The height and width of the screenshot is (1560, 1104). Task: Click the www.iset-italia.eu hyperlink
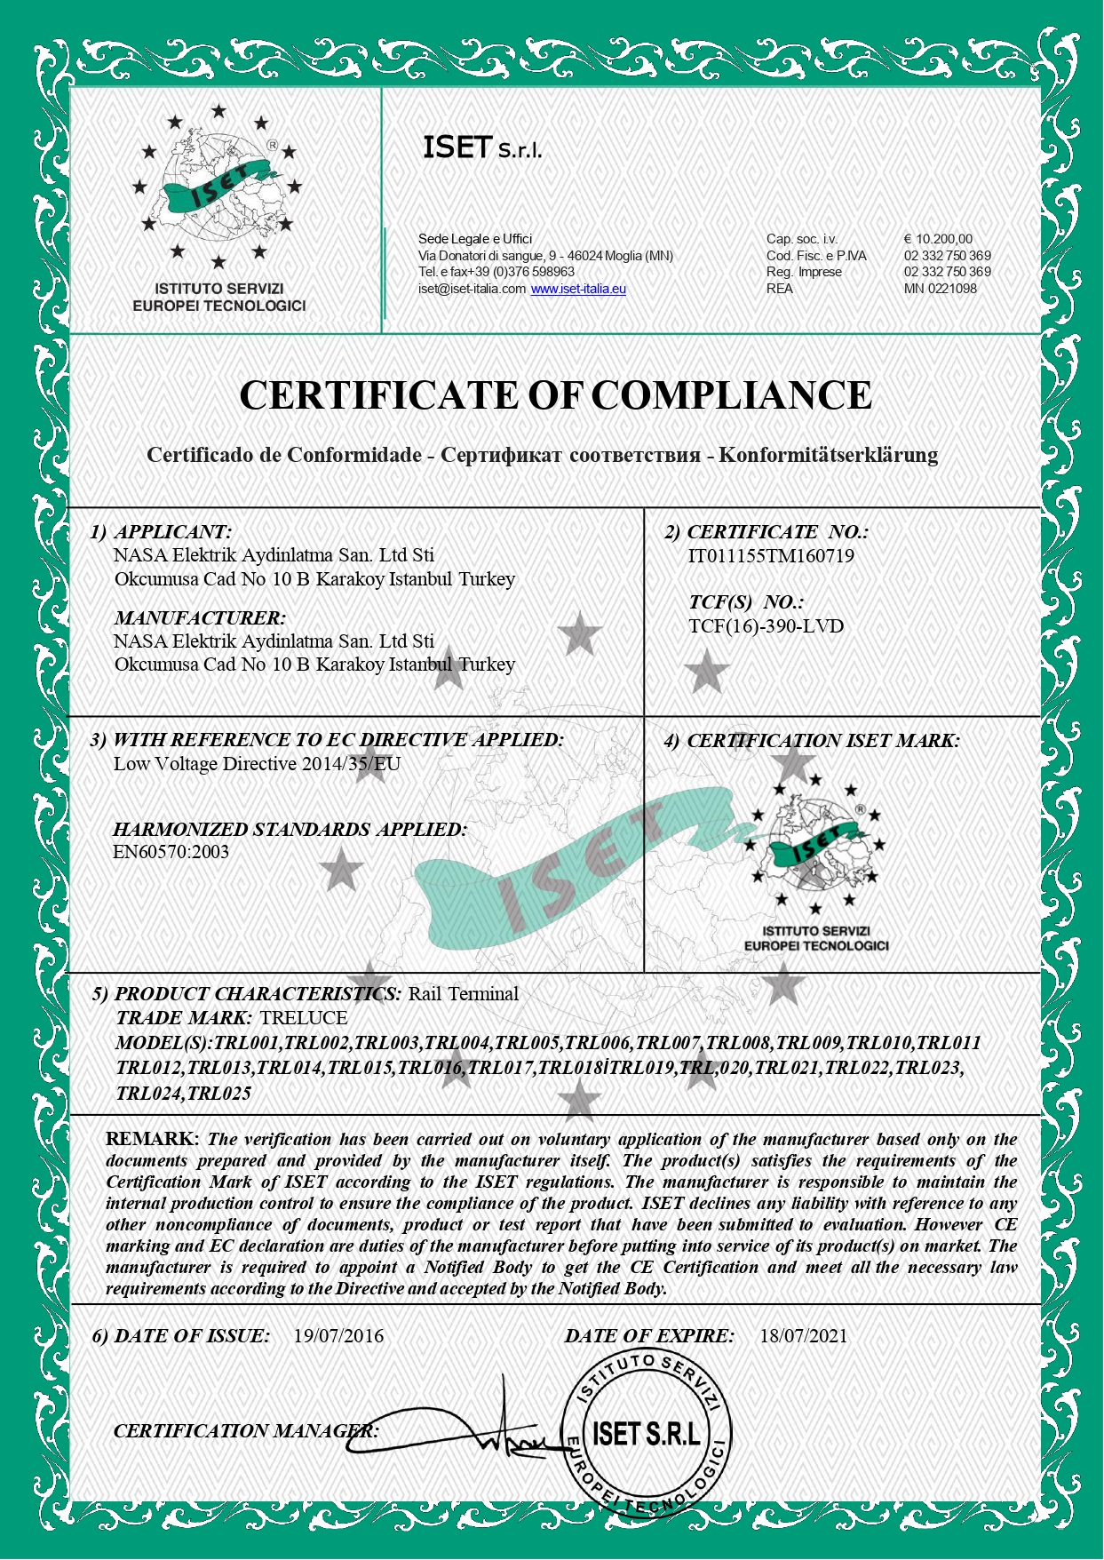(578, 289)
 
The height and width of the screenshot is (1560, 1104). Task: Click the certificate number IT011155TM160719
(770, 557)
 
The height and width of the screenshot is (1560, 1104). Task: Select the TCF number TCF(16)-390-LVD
(766, 626)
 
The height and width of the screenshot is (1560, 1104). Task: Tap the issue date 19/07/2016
(338, 1336)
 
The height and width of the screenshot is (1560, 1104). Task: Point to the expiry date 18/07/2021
(803, 1336)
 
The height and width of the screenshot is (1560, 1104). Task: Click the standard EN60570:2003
(171, 852)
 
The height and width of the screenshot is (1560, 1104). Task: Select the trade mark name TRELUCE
(304, 1018)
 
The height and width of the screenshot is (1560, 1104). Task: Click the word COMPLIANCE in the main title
(731, 395)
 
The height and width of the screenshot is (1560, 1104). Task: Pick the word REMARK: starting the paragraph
(153, 1139)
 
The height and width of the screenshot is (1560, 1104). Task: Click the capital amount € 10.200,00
(938, 239)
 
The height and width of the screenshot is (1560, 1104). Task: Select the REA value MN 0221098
(940, 289)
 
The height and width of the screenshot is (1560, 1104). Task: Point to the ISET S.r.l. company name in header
(481, 148)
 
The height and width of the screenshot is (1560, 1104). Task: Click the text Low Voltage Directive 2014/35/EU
(257, 764)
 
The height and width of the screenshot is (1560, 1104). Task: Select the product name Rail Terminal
(463, 994)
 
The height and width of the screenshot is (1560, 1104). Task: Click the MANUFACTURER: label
(200, 618)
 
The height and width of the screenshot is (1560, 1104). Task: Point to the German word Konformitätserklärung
(828, 455)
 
